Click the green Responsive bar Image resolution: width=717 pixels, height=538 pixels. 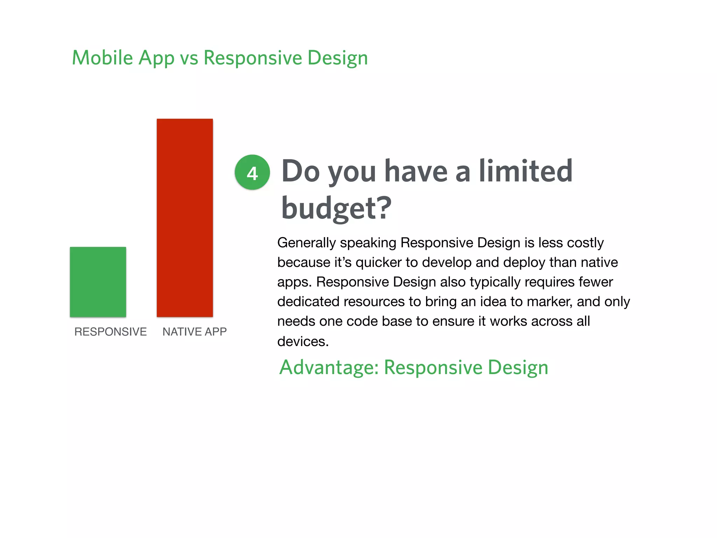coord(98,282)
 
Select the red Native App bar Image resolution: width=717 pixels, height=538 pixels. coord(185,218)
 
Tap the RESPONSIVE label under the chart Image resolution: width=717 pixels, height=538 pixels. coord(110,332)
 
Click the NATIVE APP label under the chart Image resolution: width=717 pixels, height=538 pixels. coord(194,332)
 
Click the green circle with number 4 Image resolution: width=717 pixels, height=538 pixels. coord(252,172)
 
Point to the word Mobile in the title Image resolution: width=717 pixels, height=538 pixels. coord(102,58)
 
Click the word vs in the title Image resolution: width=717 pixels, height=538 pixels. coord(189,58)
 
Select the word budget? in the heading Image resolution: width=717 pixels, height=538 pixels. coord(336,208)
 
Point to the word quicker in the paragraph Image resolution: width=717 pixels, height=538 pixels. coord(378,263)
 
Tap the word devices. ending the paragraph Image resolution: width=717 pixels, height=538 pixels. coord(303,342)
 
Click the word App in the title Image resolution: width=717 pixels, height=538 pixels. coord(156,58)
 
